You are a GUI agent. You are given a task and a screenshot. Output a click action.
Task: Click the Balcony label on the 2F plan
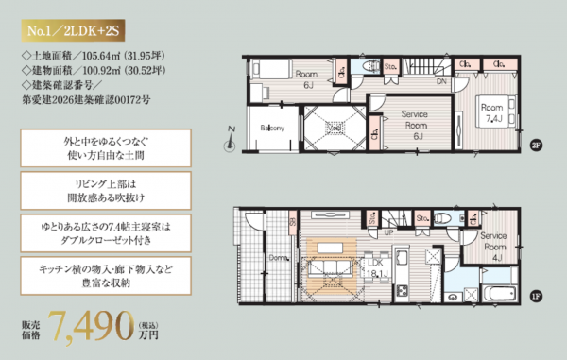tap(272, 129)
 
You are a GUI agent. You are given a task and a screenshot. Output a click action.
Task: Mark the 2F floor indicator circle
tap(536, 146)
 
